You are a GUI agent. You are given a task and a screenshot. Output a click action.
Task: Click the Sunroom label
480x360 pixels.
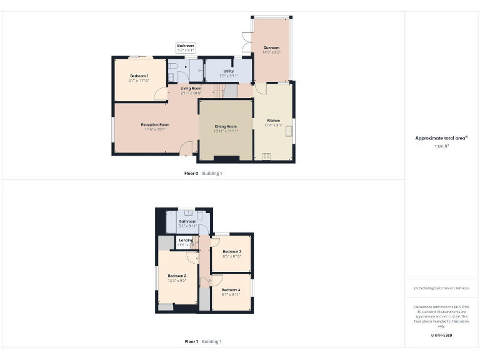(271, 47)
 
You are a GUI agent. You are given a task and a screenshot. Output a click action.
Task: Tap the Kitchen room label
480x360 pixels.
(274, 120)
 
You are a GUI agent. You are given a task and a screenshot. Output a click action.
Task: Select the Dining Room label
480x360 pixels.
(226, 126)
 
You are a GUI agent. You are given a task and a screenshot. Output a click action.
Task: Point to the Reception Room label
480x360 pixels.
(155, 124)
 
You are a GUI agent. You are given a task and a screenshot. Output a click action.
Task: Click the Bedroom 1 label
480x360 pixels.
(139, 76)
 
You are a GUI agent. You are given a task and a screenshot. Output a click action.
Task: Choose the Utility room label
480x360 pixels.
(229, 71)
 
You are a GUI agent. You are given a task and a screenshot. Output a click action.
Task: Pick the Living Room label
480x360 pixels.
(191, 88)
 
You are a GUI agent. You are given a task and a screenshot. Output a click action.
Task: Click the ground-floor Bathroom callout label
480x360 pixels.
(186, 46)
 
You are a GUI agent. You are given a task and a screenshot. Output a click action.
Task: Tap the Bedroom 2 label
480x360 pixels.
(177, 276)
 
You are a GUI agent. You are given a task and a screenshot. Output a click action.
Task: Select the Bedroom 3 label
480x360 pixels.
(232, 251)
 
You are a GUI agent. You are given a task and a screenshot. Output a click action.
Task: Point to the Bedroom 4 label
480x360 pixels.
(231, 290)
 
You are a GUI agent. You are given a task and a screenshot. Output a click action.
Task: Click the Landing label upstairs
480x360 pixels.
(186, 240)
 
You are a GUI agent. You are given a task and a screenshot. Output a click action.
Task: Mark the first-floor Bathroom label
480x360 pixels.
(187, 221)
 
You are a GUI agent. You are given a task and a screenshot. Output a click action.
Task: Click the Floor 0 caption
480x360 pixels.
(191, 173)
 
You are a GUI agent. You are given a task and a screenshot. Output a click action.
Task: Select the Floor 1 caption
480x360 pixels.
(191, 341)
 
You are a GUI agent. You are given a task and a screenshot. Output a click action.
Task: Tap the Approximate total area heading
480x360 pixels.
(441, 138)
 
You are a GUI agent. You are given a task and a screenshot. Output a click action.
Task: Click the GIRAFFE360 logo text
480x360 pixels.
(441, 336)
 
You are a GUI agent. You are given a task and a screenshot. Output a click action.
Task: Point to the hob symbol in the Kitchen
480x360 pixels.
(267, 156)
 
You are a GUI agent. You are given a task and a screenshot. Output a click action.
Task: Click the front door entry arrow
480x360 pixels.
(186, 155)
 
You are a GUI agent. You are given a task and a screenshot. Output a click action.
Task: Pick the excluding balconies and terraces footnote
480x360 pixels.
(441, 288)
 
